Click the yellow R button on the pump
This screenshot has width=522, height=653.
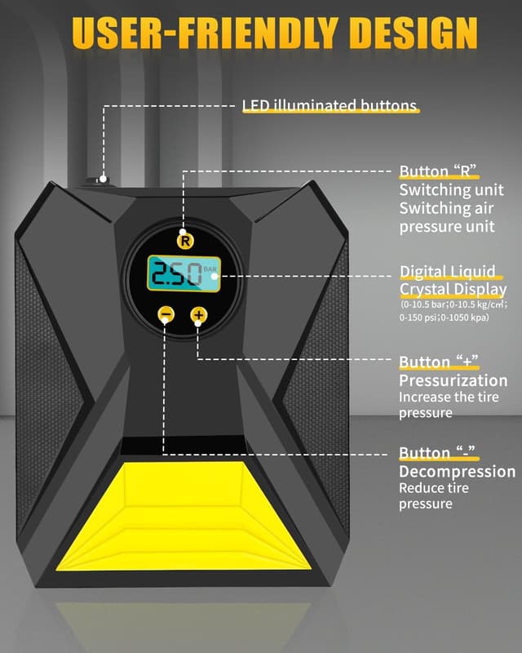pos(184,241)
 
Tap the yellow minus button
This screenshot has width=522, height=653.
pos(166,314)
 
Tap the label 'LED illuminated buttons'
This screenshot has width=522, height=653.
pos(330,106)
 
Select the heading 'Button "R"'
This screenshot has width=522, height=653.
pos(437,171)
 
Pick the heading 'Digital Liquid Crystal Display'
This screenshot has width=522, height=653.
pos(453,281)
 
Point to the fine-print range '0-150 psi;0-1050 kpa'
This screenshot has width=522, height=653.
pos(445,317)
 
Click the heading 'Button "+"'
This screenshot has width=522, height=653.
pos(438,362)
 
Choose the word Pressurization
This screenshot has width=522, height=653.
pos(453,380)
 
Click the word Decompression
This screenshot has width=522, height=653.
pos(457,472)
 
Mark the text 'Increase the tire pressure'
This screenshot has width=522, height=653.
pos(448,405)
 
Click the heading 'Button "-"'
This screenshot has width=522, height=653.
pos(436,454)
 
